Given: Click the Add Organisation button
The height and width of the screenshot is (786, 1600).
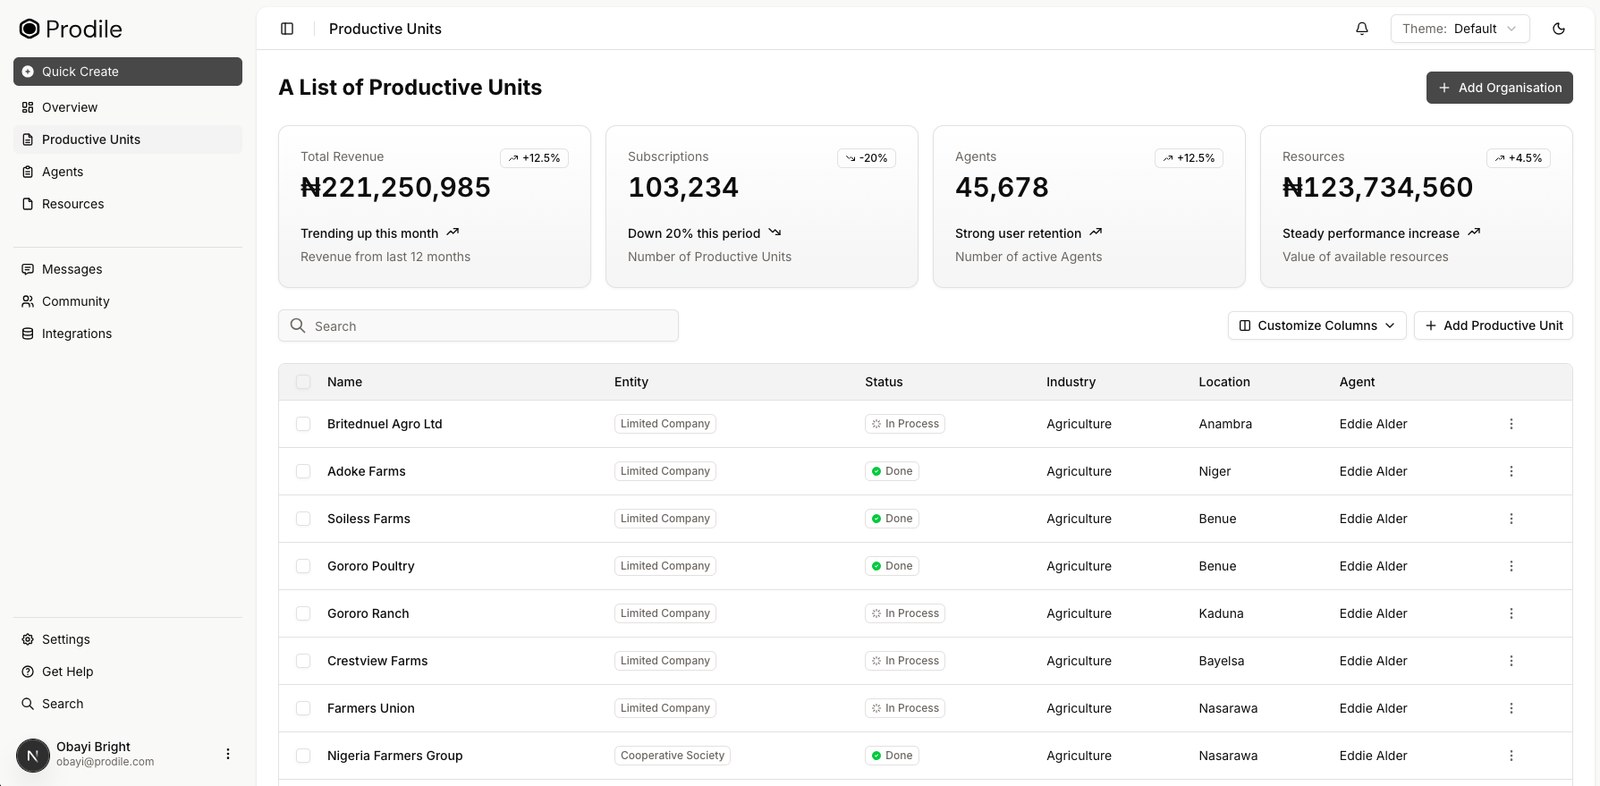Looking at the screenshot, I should tap(1499, 88).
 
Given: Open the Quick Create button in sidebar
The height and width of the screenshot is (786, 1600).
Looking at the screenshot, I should tap(128, 72).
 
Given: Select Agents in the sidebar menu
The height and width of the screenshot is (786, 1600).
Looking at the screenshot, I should tap(63, 172).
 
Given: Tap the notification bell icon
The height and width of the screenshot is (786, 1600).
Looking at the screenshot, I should tap(1361, 29).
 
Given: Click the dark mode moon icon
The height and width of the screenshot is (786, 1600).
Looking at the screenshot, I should tap(1558, 29).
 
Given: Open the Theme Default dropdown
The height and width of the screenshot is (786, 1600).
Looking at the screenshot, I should tap(1460, 29).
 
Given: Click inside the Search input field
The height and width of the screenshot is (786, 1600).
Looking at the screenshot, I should tap(478, 326).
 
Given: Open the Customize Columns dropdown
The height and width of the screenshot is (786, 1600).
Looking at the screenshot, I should tap(1316, 325).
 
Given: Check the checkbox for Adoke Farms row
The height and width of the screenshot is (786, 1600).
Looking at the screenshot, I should tap(303, 471).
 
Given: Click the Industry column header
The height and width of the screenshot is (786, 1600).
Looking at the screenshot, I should tap(1071, 382).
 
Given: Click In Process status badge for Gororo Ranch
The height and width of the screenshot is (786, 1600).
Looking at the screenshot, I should tap(904, 613).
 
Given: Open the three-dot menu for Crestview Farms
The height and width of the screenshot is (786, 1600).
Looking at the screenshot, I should tap(1511, 661).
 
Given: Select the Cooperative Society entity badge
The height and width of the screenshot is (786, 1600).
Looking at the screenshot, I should tap(672, 756).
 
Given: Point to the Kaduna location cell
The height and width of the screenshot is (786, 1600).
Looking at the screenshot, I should tap(1221, 613).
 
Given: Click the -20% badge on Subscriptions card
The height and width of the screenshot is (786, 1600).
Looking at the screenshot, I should tap(866, 158).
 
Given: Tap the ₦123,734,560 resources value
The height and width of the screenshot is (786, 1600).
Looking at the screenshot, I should tap(1377, 188).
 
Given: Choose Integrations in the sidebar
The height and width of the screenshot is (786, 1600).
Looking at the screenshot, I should tap(77, 334).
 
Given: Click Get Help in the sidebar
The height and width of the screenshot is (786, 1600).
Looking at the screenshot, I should tap(67, 672).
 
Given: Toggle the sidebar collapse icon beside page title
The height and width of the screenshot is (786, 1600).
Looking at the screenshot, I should tap(287, 29).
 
